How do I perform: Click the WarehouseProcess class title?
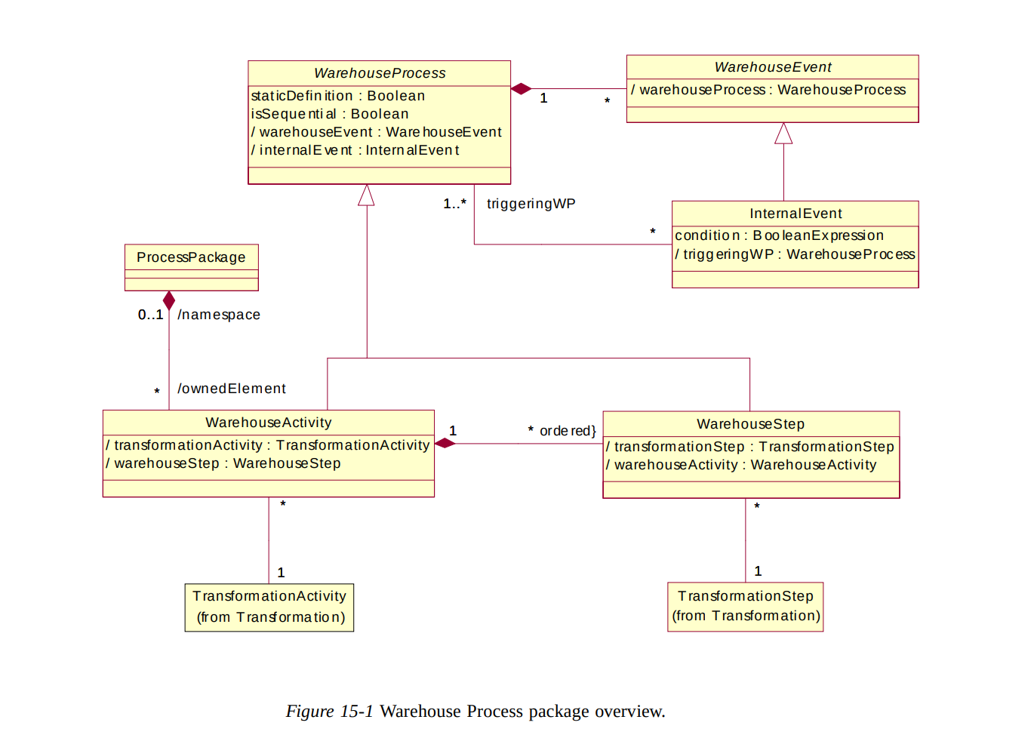380,73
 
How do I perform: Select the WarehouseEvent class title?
772,67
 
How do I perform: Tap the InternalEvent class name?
796,214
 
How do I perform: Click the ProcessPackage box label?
191,257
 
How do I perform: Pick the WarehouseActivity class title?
268,423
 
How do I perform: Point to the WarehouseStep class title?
750,424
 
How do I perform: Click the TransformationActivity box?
269,607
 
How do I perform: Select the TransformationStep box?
745,606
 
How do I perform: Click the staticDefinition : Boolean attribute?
338,96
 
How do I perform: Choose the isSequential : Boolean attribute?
330,114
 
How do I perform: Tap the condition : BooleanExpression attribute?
779,235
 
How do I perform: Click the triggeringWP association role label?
531,204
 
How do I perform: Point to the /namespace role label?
219,315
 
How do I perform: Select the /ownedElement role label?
232,389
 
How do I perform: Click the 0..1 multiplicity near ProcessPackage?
150,315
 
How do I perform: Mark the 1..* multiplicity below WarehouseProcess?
454,204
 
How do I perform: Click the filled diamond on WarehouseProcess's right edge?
521,89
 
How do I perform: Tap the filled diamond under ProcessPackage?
169,300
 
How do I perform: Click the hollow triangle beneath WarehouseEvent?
783,134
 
